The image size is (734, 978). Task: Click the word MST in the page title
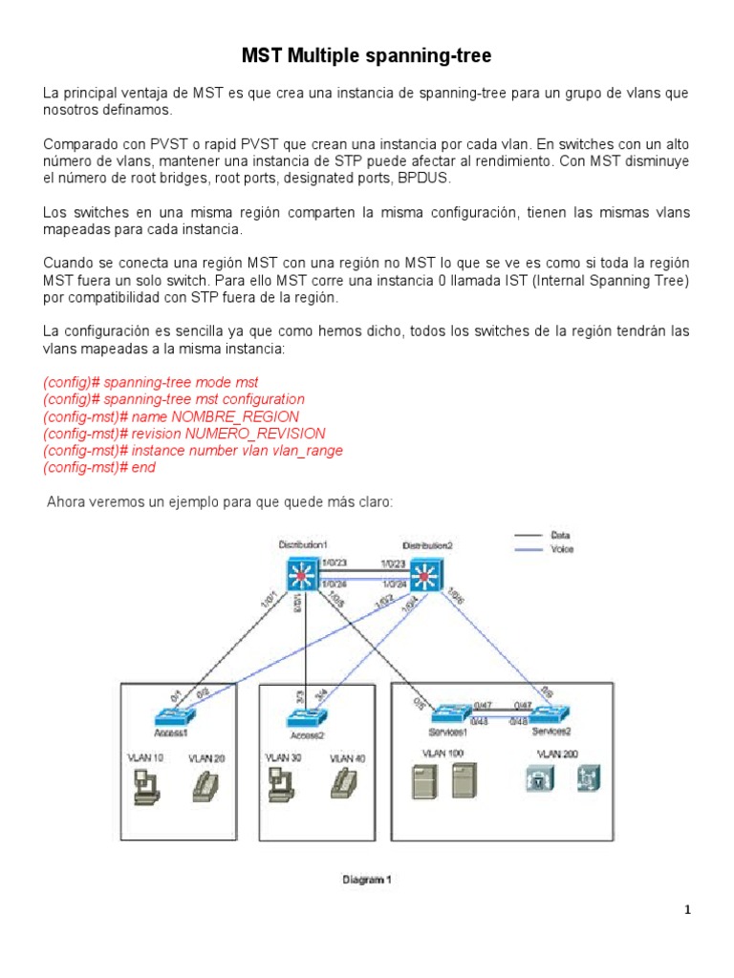pos(261,56)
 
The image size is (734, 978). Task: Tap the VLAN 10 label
pos(146,757)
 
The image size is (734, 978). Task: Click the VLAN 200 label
pos(557,753)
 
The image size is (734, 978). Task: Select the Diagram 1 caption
pos(367,881)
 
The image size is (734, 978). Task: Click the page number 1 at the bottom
pos(686,910)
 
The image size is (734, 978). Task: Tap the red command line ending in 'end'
pos(99,468)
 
